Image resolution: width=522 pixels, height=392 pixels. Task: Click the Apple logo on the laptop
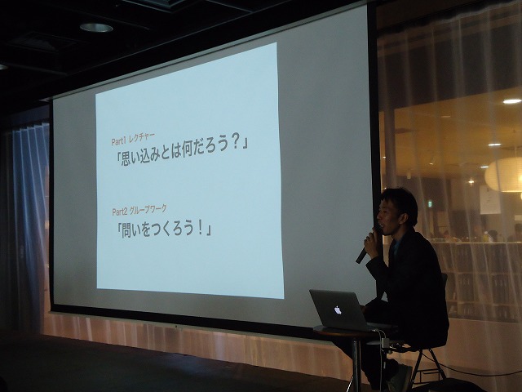point(338,310)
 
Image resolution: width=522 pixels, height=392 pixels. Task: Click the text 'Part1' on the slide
point(118,141)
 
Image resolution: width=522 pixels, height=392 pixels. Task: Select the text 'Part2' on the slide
point(120,212)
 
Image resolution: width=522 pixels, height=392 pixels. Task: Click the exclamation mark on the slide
point(201,228)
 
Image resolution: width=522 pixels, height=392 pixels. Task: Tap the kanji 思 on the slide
point(127,158)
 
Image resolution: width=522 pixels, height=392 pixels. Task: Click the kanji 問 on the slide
point(128,230)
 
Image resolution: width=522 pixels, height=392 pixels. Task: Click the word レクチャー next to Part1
point(141,138)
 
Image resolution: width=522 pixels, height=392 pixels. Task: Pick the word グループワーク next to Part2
point(148,209)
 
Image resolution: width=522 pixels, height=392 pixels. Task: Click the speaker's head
point(397,210)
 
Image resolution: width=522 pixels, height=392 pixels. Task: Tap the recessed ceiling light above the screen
point(96,27)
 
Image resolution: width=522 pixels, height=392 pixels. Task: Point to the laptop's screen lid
point(337,310)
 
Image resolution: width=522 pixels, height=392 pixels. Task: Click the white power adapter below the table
point(386,342)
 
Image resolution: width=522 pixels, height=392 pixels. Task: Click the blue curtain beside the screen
point(31,216)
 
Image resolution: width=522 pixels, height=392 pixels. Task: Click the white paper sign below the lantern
point(489,199)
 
